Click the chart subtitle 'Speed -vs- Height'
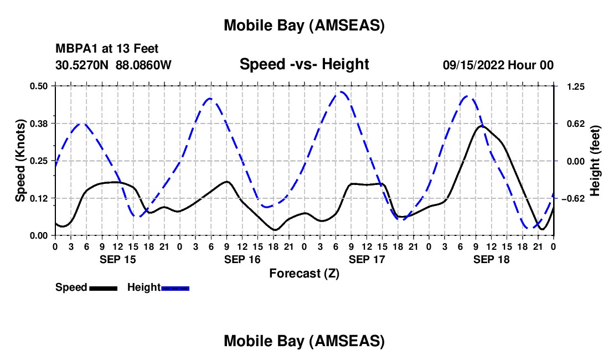click(x=304, y=65)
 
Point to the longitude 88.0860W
click(x=143, y=65)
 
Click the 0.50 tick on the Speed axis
click(x=38, y=86)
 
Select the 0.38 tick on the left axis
click(x=38, y=124)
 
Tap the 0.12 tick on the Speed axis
click(x=38, y=198)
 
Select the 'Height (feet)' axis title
click(x=595, y=160)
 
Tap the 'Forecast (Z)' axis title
click(x=304, y=273)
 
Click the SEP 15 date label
click(x=117, y=259)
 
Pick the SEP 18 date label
click(x=491, y=259)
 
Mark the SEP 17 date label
click(x=366, y=259)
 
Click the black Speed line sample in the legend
click(x=102, y=288)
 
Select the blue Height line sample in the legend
click(x=175, y=288)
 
